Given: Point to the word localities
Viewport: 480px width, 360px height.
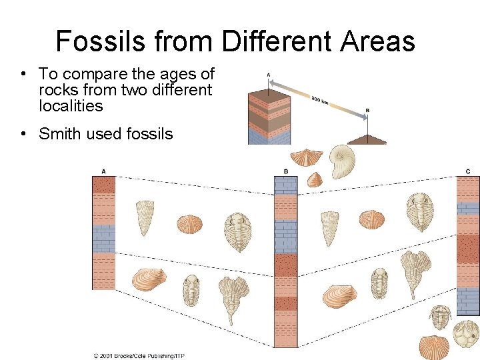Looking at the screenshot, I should click(x=71, y=106).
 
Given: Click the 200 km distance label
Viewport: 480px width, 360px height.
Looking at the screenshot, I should click(x=321, y=101).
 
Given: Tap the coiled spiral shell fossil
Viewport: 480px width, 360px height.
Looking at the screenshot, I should click(x=341, y=160).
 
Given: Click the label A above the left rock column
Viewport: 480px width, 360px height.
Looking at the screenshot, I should click(x=104, y=171).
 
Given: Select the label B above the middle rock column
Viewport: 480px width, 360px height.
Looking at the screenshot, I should click(x=285, y=171).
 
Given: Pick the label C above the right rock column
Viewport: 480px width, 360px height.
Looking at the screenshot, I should click(x=468, y=171).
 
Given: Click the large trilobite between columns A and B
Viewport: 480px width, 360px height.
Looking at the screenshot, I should click(x=237, y=231).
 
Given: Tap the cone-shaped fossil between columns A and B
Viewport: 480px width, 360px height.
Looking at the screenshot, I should click(x=145, y=217).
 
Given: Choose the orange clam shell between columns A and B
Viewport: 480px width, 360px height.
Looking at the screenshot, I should click(x=149, y=279).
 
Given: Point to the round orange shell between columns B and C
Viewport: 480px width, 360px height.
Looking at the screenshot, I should click(x=372, y=219).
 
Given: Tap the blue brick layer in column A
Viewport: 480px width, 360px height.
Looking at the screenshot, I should click(x=104, y=239).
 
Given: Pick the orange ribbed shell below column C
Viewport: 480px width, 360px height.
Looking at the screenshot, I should click(x=434, y=347).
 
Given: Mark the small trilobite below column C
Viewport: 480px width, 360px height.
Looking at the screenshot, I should click(x=441, y=317).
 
